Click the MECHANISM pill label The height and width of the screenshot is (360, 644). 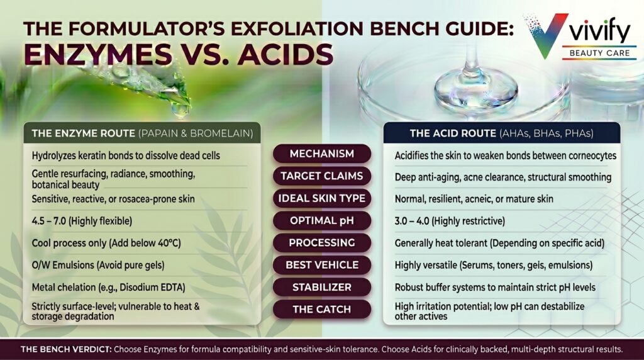coord(321,154)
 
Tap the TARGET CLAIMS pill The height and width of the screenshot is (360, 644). coord(321,176)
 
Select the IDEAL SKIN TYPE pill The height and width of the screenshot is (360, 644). coord(321,198)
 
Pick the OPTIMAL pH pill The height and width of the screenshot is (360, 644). coord(321,220)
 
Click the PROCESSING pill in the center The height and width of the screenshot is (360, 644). coord(321,242)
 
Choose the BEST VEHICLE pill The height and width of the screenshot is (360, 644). coord(321,265)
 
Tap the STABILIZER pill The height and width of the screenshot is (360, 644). coord(321,287)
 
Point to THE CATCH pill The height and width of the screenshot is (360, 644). coord(321,309)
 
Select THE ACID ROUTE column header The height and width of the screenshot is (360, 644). coord(501,133)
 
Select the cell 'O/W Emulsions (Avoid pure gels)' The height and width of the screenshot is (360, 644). coord(94,265)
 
